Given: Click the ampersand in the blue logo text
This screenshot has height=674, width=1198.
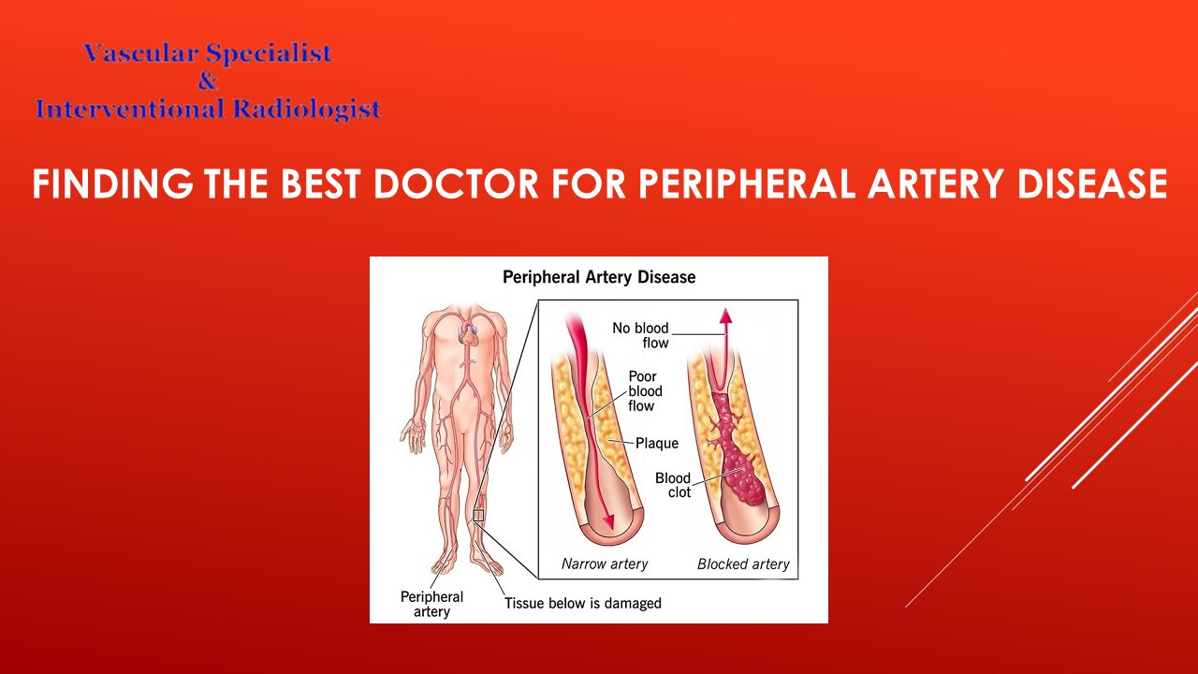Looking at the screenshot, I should pyautogui.click(x=207, y=81).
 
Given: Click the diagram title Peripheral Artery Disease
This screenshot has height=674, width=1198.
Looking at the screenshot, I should pyautogui.click(x=599, y=277).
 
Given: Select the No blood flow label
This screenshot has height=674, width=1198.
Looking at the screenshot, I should pyautogui.click(x=640, y=335).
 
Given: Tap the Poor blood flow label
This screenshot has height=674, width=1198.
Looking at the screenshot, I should pyautogui.click(x=645, y=391).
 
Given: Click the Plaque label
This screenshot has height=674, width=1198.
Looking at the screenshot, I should pyautogui.click(x=657, y=443).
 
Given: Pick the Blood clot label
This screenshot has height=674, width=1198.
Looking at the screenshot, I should pyautogui.click(x=672, y=485).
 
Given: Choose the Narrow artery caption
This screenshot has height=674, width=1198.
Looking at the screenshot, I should pyautogui.click(x=605, y=564).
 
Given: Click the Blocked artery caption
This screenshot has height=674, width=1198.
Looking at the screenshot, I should pyautogui.click(x=743, y=564).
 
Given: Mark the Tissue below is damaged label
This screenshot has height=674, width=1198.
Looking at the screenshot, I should pyautogui.click(x=582, y=604).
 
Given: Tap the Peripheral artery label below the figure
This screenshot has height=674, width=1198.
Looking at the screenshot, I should pyautogui.click(x=431, y=604).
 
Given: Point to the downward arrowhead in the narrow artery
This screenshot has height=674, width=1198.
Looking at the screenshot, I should pyautogui.click(x=609, y=521).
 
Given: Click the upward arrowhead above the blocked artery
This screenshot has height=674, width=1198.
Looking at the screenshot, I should pyautogui.click(x=723, y=315).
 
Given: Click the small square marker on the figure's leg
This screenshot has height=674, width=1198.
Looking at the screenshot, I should pyautogui.click(x=478, y=515).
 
